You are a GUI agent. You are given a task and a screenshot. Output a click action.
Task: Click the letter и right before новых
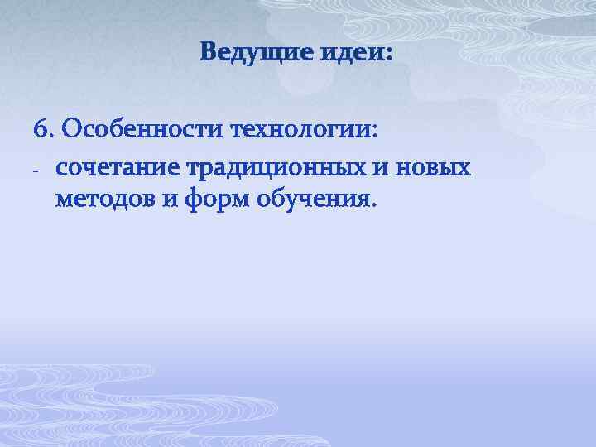click(385, 169)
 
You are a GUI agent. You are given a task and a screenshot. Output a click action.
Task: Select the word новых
click(435, 169)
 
